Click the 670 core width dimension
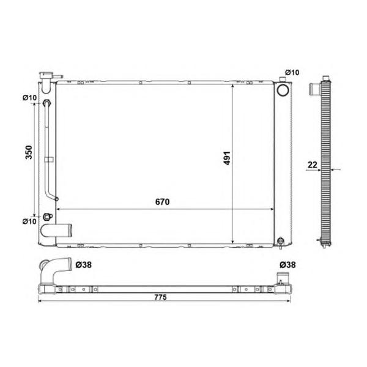coord(162,202)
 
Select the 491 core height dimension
coord(227,158)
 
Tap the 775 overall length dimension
coord(160,297)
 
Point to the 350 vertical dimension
coord(29,152)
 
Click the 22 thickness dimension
coord(313,165)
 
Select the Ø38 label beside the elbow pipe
coord(84,265)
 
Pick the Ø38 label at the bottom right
coord(287,265)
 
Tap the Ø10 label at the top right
coord(292,73)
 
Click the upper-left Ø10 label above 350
coord(30,98)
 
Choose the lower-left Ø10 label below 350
coord(30,221)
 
